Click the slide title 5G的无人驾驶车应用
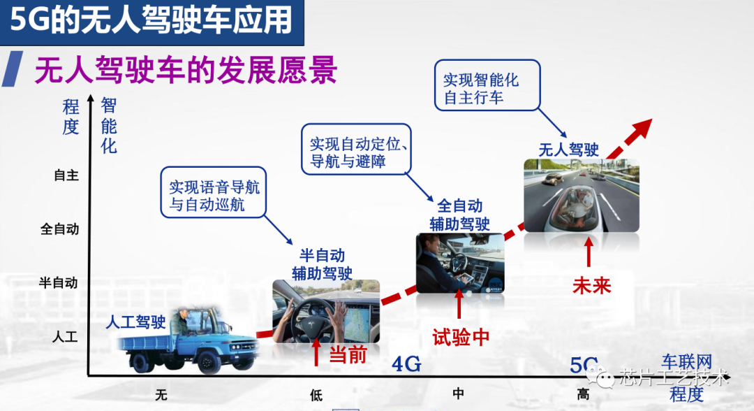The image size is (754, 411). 151,20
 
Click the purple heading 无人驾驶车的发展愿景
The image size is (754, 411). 186,71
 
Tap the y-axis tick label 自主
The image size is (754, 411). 66,175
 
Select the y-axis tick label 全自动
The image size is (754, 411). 59,229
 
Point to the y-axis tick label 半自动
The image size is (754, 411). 58,282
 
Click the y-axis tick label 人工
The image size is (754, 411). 65,336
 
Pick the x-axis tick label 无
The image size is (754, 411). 161,395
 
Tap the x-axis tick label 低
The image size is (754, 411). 316,395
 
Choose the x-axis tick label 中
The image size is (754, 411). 458,394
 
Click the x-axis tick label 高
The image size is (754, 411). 583,395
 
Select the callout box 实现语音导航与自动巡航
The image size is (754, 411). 214,192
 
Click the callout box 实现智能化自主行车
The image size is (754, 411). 487,85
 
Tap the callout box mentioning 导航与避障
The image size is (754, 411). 356,149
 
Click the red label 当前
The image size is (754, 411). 348,355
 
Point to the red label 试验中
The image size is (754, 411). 461,337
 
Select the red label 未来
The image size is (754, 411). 591,286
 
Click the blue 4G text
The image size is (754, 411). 407,364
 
